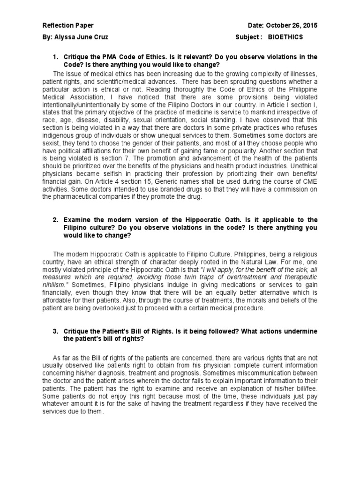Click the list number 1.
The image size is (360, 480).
(55, 57)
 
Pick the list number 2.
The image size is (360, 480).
(55, 220)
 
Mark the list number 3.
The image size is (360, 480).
(55, 331)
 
